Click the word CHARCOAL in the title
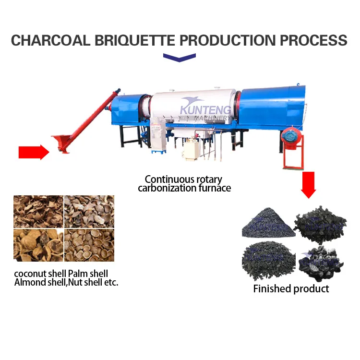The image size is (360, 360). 51,40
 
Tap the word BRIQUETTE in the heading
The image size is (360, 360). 135,40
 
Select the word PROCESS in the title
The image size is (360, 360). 313,40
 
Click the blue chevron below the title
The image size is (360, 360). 180,58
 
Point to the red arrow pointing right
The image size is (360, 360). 34,152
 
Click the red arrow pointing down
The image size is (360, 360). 308,185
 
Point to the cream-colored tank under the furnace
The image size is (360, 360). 192,150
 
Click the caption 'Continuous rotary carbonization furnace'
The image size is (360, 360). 184,183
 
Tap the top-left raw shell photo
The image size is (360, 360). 38,212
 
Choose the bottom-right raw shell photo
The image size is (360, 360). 89,245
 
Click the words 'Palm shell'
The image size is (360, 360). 88,274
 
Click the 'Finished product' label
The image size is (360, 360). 291,289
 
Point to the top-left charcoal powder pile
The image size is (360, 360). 268,223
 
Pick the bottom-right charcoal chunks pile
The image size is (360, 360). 322,264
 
